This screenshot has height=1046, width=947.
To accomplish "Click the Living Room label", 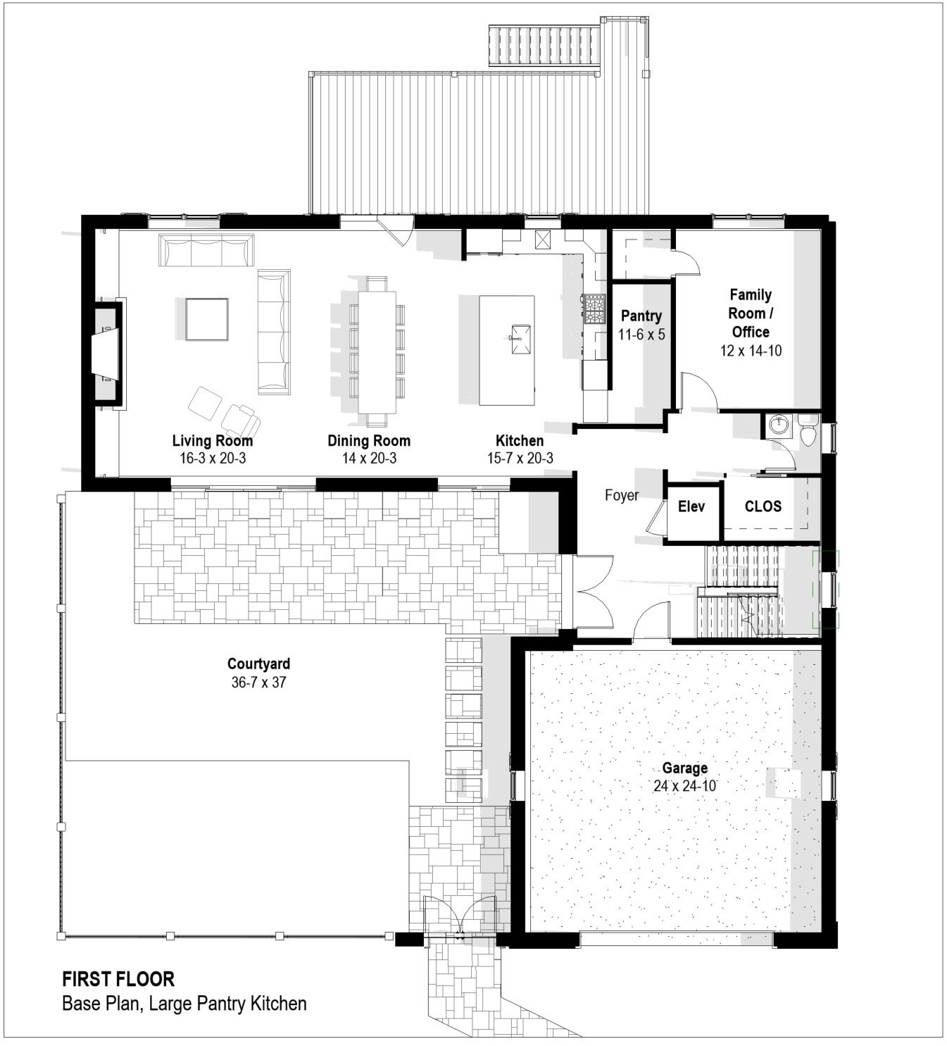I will (x=212, y=441).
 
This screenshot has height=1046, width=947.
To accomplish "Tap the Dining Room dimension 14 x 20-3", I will (x=368, y=459).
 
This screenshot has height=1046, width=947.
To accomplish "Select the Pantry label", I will (x=641, y=316).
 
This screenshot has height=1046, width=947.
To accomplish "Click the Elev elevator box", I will (x=691, y=506).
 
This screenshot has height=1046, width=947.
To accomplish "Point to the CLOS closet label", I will (x=763, y=506).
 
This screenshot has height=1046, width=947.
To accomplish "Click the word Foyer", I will (x=622, y=495).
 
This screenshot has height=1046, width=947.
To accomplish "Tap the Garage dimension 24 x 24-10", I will (x=684, y=785).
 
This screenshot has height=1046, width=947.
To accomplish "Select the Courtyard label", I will (x=258, y=664).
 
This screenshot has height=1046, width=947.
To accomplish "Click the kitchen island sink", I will (x=520, y=332).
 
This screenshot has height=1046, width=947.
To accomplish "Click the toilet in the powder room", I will (x=808, y=432).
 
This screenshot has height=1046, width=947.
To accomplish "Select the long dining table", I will (x=377, y=351).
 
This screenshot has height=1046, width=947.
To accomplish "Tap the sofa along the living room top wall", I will (x=206, y=250).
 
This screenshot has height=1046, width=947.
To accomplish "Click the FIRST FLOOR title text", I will (x=118, y=978).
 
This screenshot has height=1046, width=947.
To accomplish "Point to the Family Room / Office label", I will (x=750, y=313).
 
